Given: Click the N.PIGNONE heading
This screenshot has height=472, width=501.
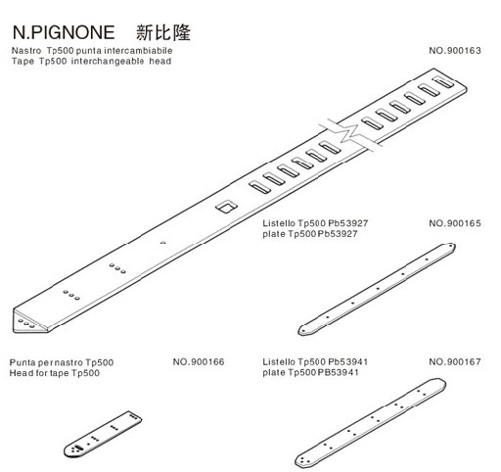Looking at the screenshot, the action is click(64, 32).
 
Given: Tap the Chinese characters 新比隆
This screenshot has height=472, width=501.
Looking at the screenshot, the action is click(163, 32).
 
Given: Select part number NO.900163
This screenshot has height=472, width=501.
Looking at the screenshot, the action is click(455, 51).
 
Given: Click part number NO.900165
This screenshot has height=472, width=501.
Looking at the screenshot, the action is click(455, 223).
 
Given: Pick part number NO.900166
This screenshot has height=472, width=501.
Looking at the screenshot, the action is click(199, 361).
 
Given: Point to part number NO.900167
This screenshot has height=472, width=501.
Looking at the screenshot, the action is click(455, 361).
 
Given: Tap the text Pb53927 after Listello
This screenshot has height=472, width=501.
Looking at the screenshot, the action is click(348, 223).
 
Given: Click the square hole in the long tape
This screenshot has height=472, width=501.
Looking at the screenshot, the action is click(226, 207).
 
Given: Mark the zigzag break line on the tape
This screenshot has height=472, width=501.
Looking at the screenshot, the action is click(349, 133).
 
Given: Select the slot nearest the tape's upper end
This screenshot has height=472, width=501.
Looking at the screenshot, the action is click(442, 81).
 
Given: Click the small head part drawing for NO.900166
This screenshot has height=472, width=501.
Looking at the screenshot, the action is click(103, 434).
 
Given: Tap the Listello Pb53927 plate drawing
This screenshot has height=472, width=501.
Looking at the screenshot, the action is click(377, 289).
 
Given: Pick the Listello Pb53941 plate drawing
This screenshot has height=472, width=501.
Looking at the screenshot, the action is click(370, 423).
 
